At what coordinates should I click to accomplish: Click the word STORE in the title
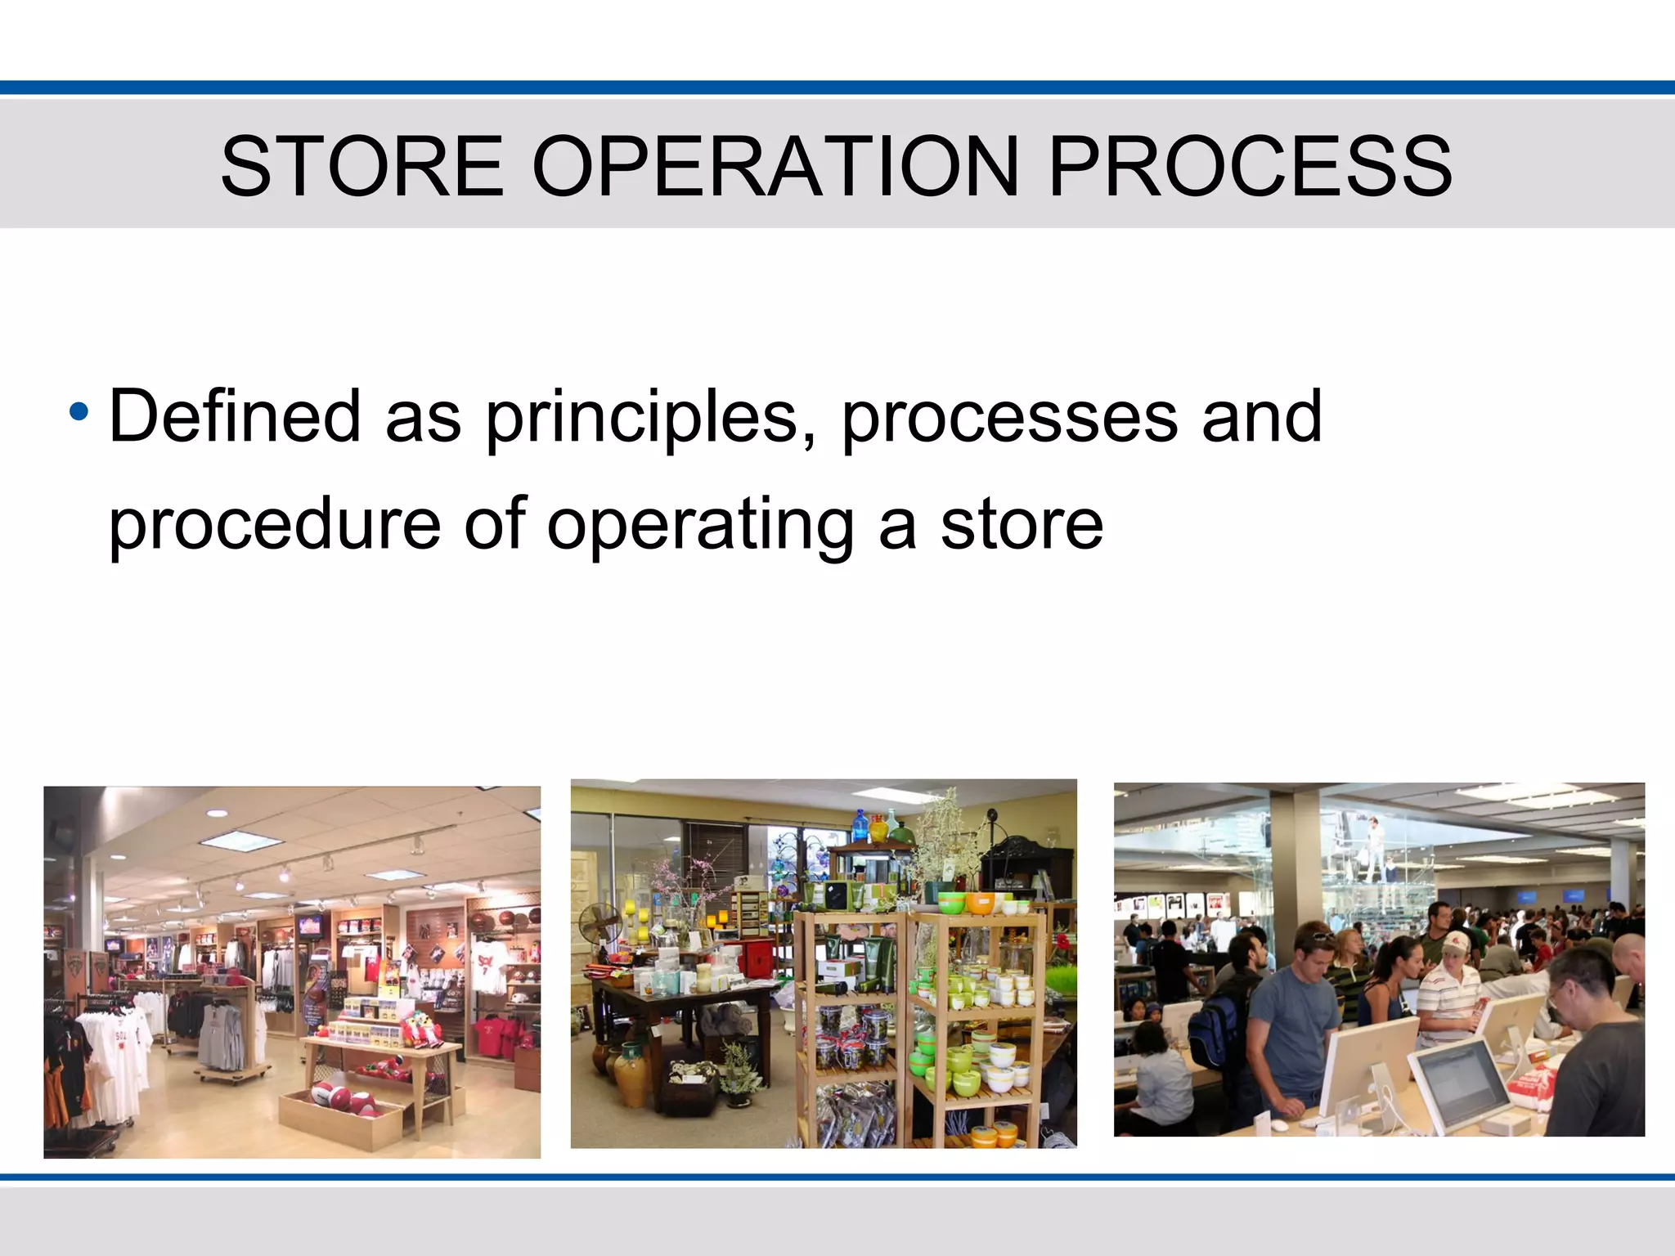(362, 167)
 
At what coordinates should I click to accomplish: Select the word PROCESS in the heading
(1250, 167)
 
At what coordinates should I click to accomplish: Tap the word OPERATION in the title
(775, 167)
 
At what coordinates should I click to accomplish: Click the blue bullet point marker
(79, 411)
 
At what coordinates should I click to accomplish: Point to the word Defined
(235, 417)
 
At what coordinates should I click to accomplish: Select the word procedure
(275, 525)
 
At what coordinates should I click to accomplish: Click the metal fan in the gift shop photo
(600, 928)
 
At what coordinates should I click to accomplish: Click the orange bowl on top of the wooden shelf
(981, 903)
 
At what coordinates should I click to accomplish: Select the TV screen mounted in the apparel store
(309, 926)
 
